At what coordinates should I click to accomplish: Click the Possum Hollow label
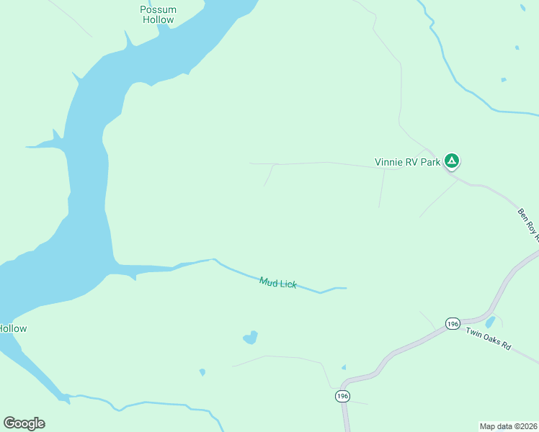click(x=158, y=15)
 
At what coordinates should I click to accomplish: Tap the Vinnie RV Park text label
click(x=407, y=162)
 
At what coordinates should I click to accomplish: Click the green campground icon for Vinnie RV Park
click(x=452, y=161)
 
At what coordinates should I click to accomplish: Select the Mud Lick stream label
click(x=278, y=283)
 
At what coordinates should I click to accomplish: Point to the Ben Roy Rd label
click(x=527, y=224)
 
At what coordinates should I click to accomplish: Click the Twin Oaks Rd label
click(x=488, y=339)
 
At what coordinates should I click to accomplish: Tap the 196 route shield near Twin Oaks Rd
click(x=453, y=324)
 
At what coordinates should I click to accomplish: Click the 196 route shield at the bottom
click(x=342, y=397)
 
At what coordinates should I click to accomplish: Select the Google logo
click(x=24, y=423)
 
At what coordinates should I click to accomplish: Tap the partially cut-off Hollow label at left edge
click(x=13, y=328)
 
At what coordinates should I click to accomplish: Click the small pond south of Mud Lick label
click(x=251, y=337)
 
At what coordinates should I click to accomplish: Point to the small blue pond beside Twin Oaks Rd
click(x=490, y=321)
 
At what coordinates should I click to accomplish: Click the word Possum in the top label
click(x=158, y=10)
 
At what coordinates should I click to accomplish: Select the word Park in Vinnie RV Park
click(x=430, y=162)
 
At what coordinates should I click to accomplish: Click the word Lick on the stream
click(x=288, y=285)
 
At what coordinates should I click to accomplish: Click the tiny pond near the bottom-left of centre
click(x=202, y=372)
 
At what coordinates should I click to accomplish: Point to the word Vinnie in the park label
click(x=388, y=162)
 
